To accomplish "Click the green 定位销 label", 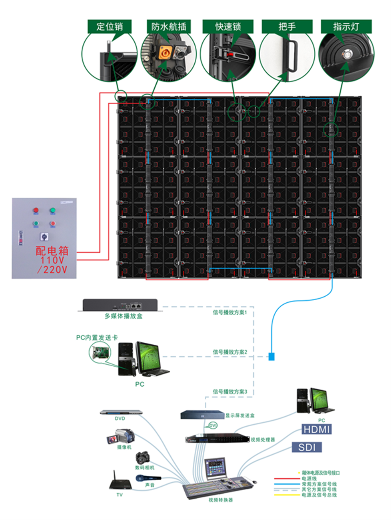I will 110,27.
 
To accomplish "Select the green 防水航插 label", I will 169,27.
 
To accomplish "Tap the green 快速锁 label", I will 228,27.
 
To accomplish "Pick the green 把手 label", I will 287,27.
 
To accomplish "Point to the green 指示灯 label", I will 346,27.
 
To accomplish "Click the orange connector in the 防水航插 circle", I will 164,52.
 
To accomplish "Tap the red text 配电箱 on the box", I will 52,251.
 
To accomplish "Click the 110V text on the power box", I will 52,260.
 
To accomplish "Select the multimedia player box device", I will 120,305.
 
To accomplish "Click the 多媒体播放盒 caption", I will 124,316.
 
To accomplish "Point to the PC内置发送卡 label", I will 97,337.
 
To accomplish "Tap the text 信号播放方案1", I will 230,312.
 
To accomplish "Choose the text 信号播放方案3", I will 230,391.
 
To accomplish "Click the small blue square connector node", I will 271,356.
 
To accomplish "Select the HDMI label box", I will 317,429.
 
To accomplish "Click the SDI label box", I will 307,447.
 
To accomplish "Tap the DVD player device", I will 121,412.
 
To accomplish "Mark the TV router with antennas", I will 120,483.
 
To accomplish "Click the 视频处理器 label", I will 263,439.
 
